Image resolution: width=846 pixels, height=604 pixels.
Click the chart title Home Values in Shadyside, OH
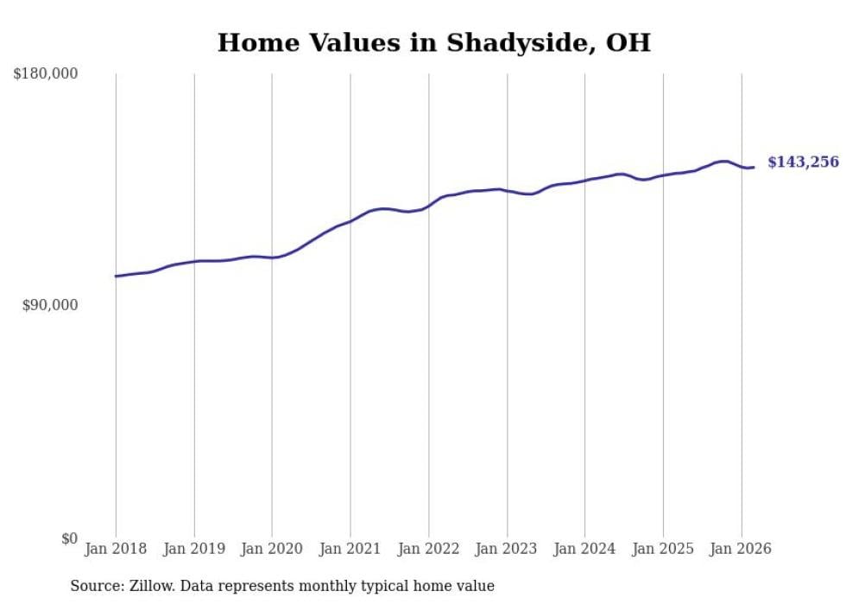point(433,42)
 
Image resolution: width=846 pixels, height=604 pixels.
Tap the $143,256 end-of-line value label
point(803,162)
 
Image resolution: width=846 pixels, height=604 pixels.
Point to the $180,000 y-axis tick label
point(46,74)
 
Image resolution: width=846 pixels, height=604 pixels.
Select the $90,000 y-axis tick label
point(50,305)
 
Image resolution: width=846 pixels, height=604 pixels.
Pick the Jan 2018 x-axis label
point(116,549)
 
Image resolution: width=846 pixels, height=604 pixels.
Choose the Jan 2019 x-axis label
point(194,549)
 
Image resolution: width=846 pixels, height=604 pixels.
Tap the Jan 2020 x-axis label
point(272,549)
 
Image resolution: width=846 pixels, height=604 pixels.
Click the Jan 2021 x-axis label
point(350,549)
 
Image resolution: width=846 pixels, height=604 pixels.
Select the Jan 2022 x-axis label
point(429,549)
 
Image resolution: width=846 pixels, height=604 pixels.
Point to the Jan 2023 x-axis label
point(507,549)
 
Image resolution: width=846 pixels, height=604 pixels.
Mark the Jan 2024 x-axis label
point(585,549)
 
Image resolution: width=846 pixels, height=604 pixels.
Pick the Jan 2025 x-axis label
point(663,549)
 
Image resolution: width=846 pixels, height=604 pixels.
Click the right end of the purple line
point(754,167)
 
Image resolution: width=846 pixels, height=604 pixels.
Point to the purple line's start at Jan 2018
point(116,277)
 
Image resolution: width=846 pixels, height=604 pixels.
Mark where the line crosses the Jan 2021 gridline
point(350,220)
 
